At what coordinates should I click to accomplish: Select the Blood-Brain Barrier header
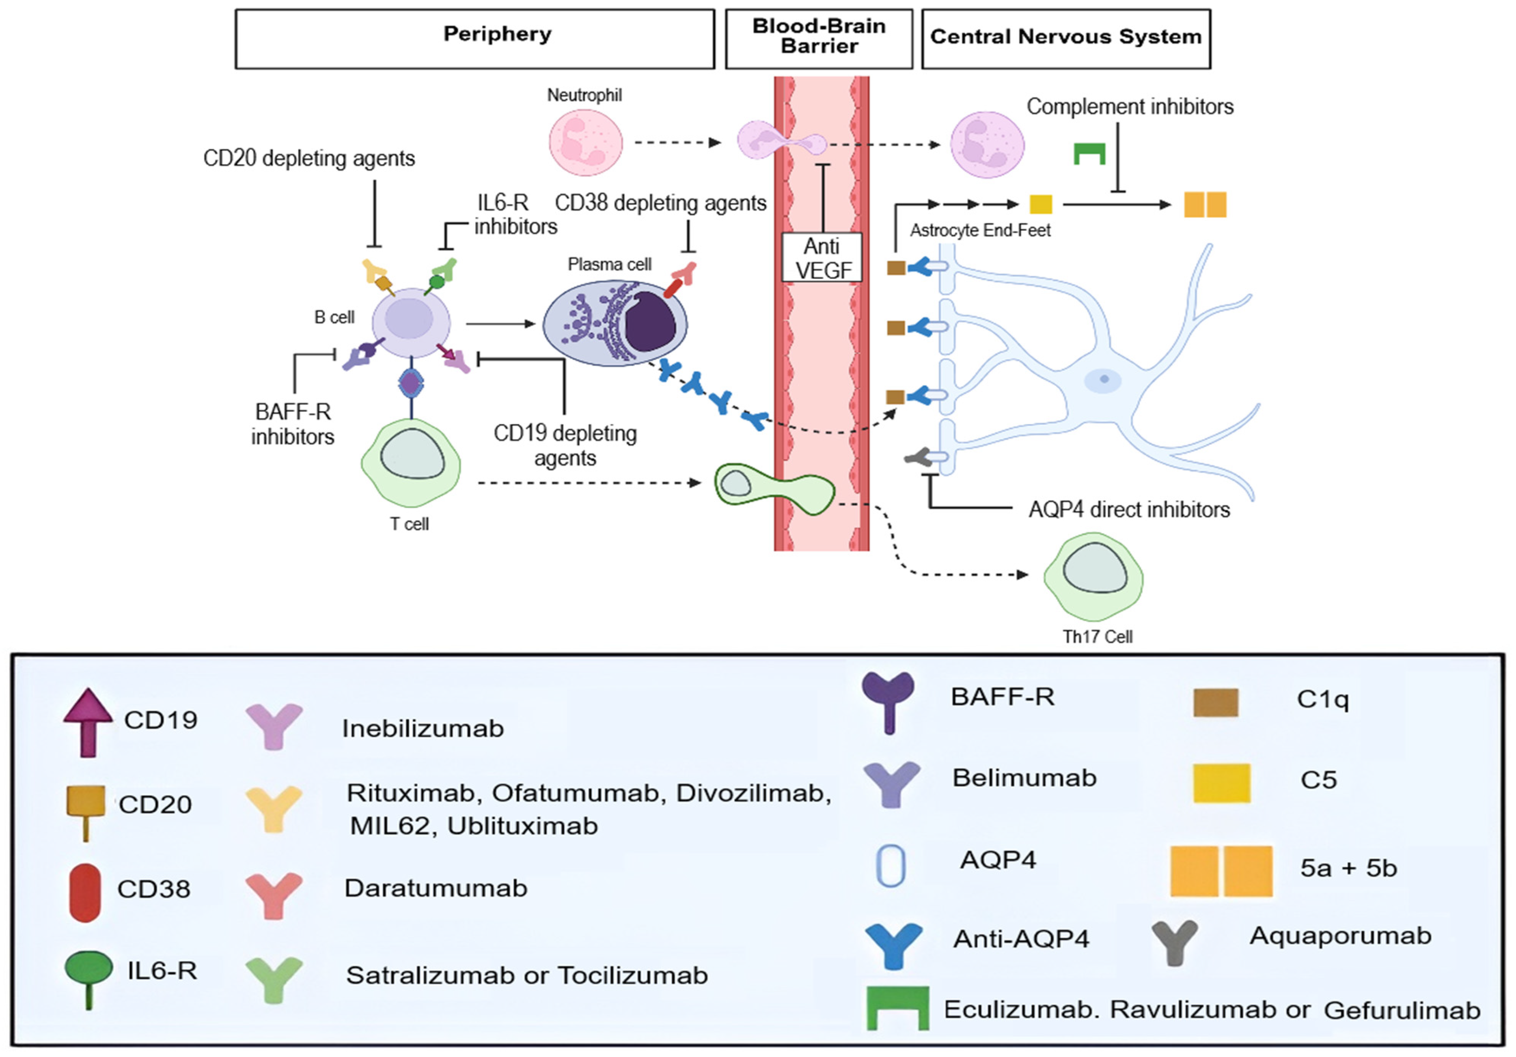[819, 38]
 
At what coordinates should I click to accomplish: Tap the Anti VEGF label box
[822, 258]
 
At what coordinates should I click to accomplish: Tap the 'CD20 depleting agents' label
[309, 159]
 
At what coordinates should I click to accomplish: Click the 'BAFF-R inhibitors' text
[293, 424]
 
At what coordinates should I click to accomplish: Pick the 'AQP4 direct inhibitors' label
[1129, 510]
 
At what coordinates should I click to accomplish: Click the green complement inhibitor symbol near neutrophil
[1089, 153]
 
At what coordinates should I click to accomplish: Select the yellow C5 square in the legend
[1221, 783]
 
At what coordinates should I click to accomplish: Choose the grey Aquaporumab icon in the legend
[1175, 941]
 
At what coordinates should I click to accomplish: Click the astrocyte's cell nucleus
[1103, 380]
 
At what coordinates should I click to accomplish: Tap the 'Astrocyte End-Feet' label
[981, 230]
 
